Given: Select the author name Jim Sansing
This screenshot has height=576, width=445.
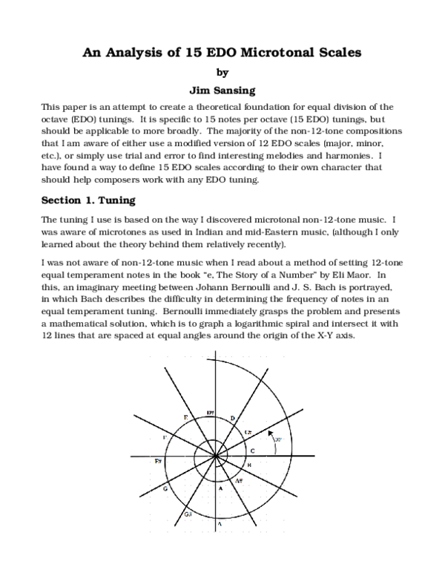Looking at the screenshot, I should [222, 91].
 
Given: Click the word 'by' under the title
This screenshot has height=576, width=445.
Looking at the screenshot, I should [222, 73].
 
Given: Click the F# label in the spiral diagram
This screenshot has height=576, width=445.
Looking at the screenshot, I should [159, 461].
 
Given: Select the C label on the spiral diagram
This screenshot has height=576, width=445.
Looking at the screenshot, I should [252, 451].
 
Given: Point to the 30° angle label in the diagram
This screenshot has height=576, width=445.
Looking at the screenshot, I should [278, 440].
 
